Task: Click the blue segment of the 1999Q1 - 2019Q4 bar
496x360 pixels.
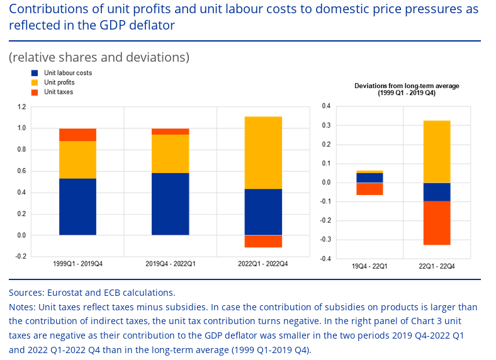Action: pyautogui.click(x=77, y=206)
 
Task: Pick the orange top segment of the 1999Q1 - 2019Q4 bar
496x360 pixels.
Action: pyautogui.click(x=77, y=135)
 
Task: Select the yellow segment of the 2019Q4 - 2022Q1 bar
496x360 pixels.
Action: pyautogui.click(x=171, y=154)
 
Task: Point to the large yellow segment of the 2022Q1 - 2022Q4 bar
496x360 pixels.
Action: pyautogui.click(x=263, y=153)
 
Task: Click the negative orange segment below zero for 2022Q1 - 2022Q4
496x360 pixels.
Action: pyautogui.click(x=263, y=241)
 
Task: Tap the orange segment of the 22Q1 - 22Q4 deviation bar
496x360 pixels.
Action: pyautogui.click(x=436, y=223)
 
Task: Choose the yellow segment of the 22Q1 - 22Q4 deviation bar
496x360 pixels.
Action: pyautogui.click(x=436, y=152)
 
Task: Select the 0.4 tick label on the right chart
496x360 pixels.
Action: pyautogui.click(x=326, y=106)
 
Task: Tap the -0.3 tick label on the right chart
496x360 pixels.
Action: pyautogui.click(x=325, y=240)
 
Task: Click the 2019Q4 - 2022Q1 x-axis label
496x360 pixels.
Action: pyautogui.click(x=171, y=264)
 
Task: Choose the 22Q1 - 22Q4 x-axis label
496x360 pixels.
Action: pyautogui.click(x=437, y=267)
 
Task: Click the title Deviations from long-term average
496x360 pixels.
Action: pyautogui.click(x=407, y=86)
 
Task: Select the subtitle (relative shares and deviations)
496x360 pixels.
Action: pyautogui.click(x=99, y=57)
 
